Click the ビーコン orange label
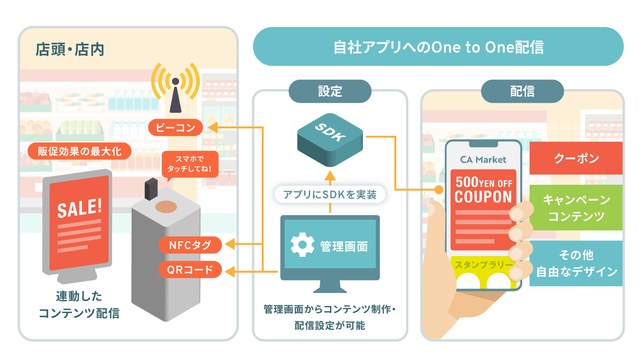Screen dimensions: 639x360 [175, 127]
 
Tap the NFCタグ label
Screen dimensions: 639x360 [190, 245]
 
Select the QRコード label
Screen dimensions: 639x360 [190, 270]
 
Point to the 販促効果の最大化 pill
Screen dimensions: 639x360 [79, 151]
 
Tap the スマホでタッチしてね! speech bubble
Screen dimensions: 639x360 [190, 164]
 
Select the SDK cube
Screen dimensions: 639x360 [330, 140]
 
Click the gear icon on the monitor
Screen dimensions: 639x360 [302, 245]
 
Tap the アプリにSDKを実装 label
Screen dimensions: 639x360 [330, 195]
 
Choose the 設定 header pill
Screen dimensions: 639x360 [330, 91]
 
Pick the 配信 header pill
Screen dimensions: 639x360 [522, 91]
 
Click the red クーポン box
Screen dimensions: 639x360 [576, 158]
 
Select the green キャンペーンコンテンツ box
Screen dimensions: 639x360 [576, 208]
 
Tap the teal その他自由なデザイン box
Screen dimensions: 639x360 [576, 263]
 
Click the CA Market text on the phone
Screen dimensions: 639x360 [483, 159]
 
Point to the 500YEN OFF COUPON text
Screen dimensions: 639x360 [484, 190]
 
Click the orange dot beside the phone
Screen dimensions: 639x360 [439, 190]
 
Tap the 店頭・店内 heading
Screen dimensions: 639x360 [70, 49]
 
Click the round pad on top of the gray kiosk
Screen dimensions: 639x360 [166, 207]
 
